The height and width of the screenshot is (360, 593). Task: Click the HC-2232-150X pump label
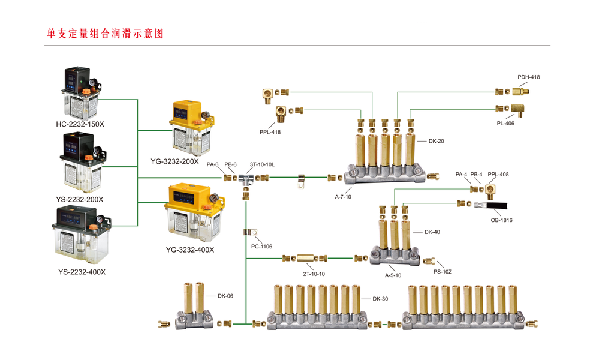coord(80,124)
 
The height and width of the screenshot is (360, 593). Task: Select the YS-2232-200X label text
coord(80,199)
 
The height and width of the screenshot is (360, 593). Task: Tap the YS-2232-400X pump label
coord(82,272)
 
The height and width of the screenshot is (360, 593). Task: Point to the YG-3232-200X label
coord(174,161)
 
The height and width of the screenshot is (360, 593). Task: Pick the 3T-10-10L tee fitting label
coord(262,164)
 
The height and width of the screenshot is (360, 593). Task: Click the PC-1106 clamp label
coord(261,246)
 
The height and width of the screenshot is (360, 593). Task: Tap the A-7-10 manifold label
coord(343,197)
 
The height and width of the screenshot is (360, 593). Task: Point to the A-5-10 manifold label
coord(393,275)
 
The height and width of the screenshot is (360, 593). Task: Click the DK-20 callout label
coord(436,141)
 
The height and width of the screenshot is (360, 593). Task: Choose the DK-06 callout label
coord(225,296)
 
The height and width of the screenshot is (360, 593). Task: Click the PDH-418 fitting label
coord(528,77)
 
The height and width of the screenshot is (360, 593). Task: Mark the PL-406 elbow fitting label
coord(505,124)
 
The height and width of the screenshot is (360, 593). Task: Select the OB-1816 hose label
coord(501,220)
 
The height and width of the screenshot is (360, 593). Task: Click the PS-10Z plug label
coord(443,272)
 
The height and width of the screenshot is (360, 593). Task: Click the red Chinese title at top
coord(105,34)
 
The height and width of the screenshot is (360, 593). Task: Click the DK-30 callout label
coord(381,298)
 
